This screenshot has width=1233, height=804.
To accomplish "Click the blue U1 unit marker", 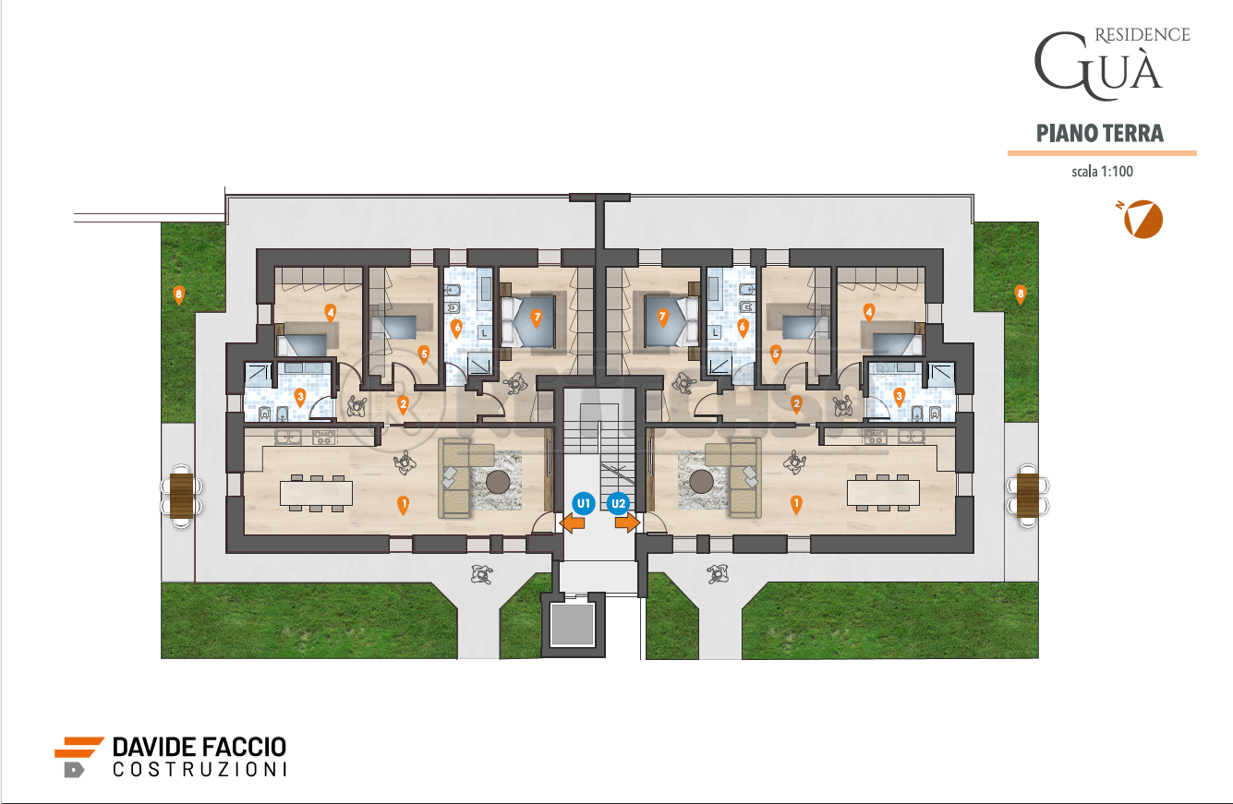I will point(582,503).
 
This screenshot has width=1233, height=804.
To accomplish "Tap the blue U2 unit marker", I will point(618,503).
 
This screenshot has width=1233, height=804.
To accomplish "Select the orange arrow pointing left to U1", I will point(573,523).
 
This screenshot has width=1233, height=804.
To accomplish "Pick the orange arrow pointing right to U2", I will point(627,523).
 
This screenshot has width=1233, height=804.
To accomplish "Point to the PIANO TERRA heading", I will point(1100,133).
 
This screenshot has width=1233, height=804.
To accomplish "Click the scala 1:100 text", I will point(1101,172).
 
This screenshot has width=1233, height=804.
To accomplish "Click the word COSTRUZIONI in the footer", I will point(199,769).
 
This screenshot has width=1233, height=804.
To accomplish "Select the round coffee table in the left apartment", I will point(499,481).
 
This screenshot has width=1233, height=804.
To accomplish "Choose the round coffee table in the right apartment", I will point(701,481).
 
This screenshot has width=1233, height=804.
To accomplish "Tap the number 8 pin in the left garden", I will point(179,295).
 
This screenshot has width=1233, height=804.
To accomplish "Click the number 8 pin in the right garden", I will point(1021,294).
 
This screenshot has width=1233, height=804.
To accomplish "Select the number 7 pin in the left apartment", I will point(536,318).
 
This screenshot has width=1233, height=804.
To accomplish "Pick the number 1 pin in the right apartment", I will point(796,504).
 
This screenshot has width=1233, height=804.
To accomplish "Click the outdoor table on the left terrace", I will point(181,495).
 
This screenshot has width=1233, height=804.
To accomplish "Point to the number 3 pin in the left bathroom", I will point(300,397).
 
